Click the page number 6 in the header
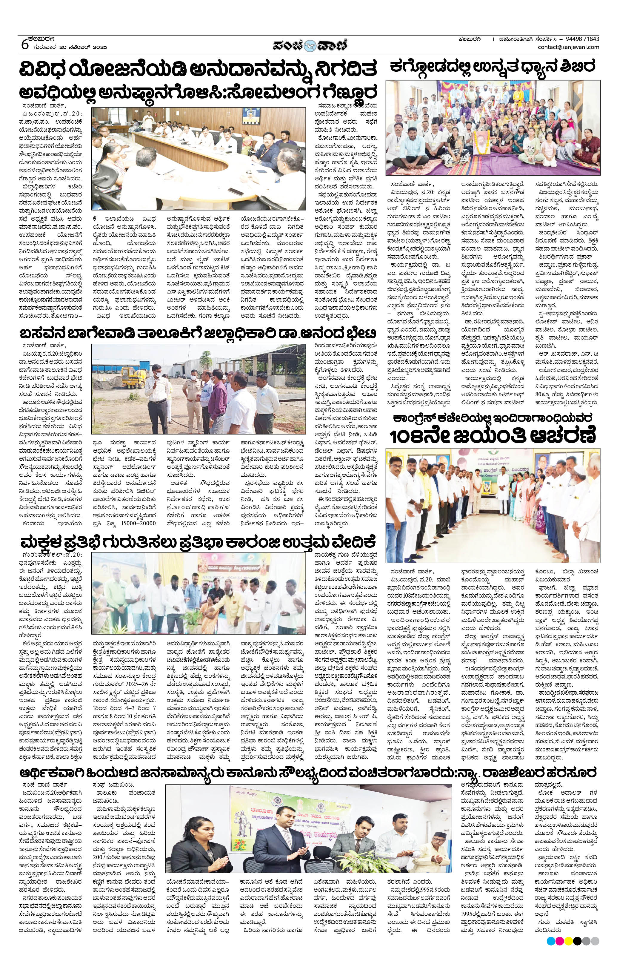pyautogui.click(x=24, y=44)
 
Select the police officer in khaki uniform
pyautogui.click(x=193, y=391)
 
